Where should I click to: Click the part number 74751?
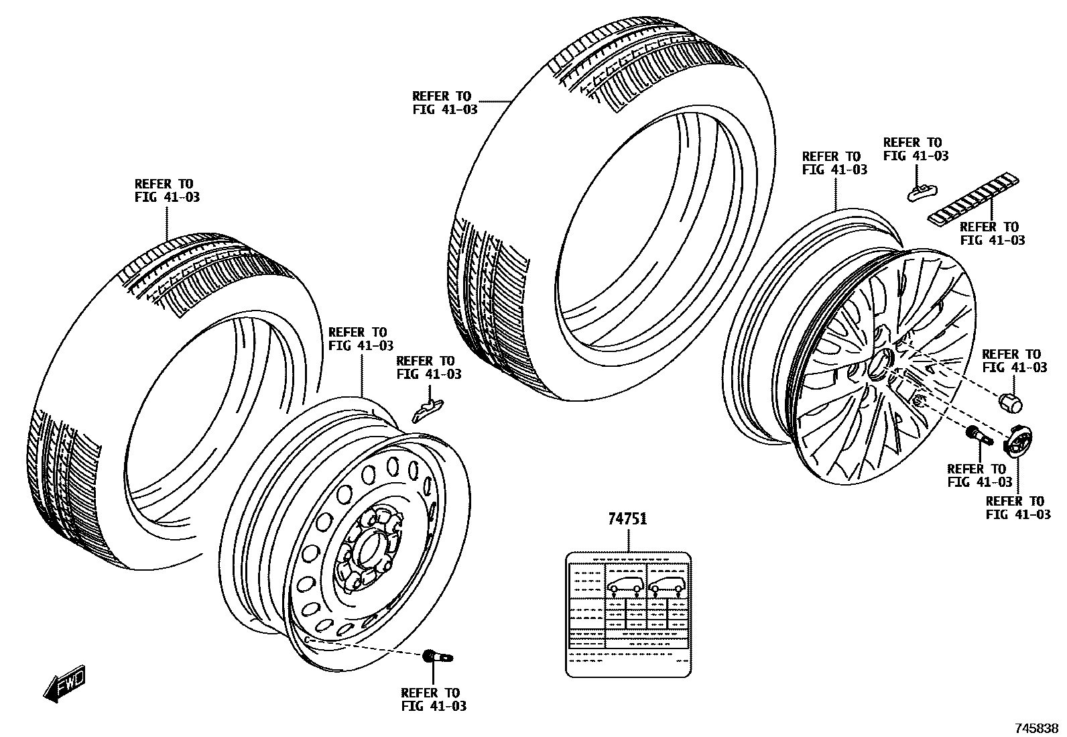click(x=627, y=519)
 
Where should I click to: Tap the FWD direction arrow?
click(x=64, y=683)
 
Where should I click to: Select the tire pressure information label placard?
click(x=628, y=614)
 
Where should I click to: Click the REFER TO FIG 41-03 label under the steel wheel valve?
click(x=433, y=699)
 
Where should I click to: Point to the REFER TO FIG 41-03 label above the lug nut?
click(x=1014, y=361)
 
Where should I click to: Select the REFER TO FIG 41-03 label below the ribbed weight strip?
click(x=992, y=233)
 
